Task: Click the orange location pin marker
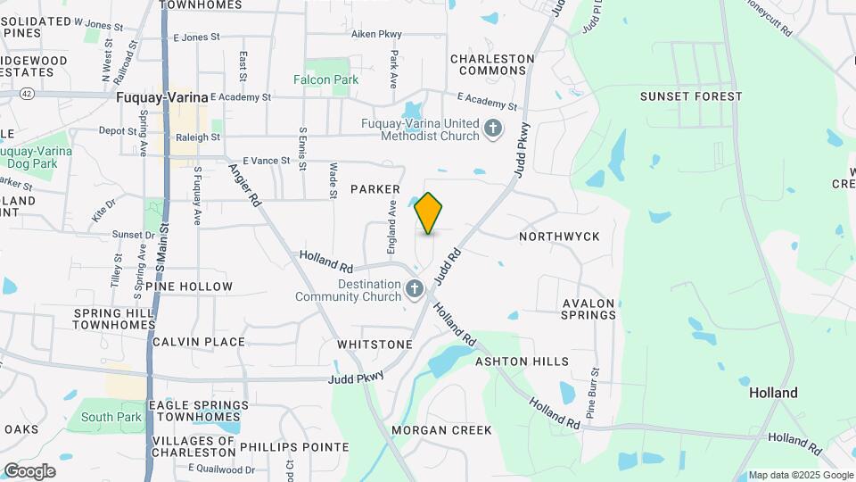click(x=429, y=212)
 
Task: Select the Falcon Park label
click(x=326, y=79)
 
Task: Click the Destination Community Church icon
click(x=414, y=289)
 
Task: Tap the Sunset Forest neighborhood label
click(x=691, y=96)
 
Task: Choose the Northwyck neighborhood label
click(x=559, y=237)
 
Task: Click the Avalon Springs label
click(x=588, y=309)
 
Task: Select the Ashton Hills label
click(x=522, y=361)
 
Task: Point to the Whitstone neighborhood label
click(x=374, y=345)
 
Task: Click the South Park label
click(x=111, y=417)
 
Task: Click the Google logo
click(x=29, y=470)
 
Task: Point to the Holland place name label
click(x=773, y=393)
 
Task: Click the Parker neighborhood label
click(x=374, y=189)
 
